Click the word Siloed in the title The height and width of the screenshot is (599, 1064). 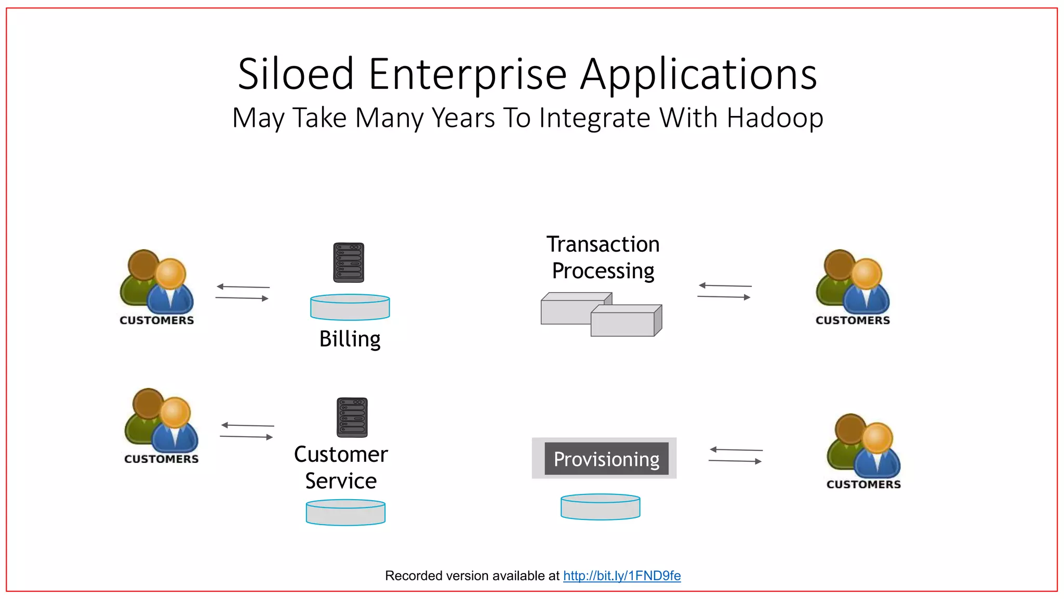[296, 74]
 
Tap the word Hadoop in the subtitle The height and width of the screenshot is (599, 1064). [775, 118]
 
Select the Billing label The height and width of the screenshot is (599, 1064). [350, 339]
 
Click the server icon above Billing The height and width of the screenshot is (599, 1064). [349, 263]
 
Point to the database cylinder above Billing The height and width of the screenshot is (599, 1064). [350, 307]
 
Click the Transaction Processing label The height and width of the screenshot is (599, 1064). [603, 257]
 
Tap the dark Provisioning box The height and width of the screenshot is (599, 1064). [606, 459]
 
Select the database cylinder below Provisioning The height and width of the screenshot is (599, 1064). [600, 507]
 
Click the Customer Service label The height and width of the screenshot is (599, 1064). [341, 467]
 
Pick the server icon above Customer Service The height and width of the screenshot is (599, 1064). [352, 418]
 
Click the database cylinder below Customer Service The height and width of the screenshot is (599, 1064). [345, 513]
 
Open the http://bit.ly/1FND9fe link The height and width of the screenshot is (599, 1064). [621, 576]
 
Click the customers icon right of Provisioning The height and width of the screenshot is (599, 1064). [863, 449]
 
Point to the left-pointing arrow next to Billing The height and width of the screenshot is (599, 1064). [243, 287]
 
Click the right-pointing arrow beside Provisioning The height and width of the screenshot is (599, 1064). [735, 461]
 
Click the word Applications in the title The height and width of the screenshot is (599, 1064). [698, 74]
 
